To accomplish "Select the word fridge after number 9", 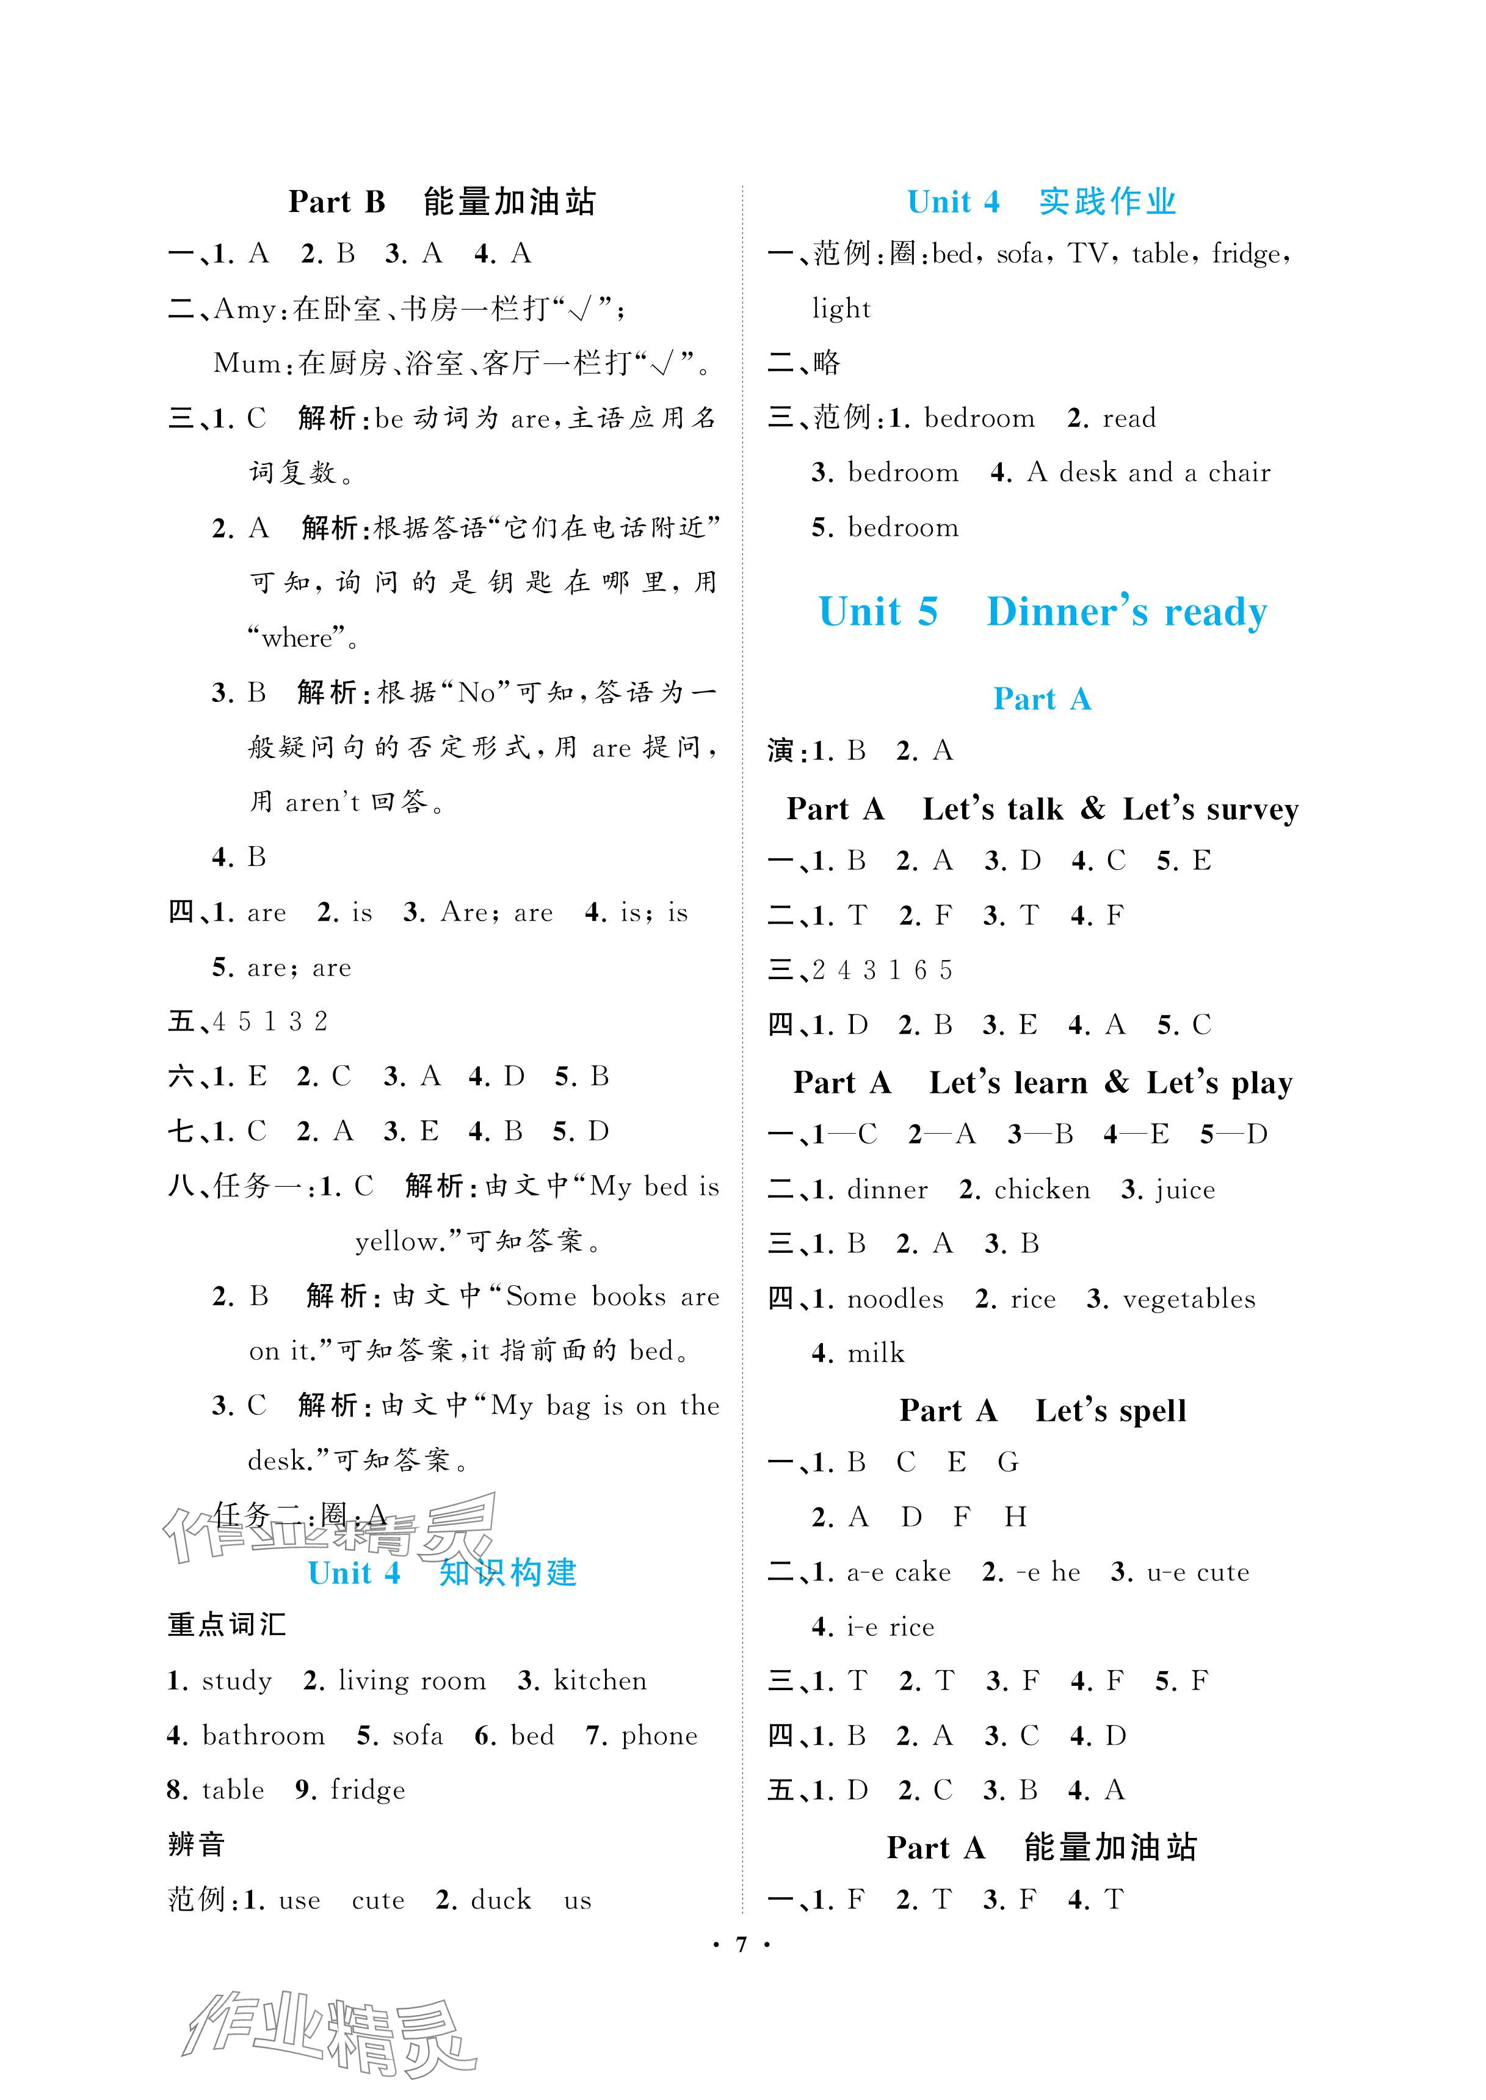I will click(368, 1790).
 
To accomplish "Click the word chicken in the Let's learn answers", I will click(1042, 1189).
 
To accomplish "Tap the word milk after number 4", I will click(875, 1353).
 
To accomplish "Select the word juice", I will click(1185, 1190).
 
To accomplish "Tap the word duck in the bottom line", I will click(501, 1900).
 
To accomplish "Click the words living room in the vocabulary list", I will click(411, 1681).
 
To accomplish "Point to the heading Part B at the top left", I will click(337, 202).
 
